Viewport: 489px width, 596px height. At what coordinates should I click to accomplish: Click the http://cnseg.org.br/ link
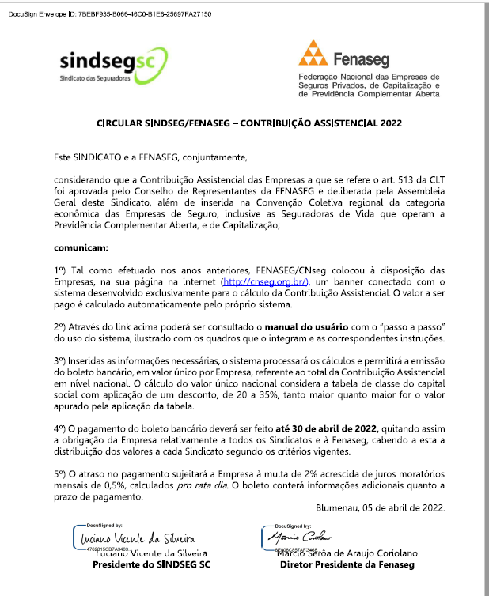coord(264,281)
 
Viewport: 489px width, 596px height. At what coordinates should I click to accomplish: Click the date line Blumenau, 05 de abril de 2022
coord(381,507)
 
